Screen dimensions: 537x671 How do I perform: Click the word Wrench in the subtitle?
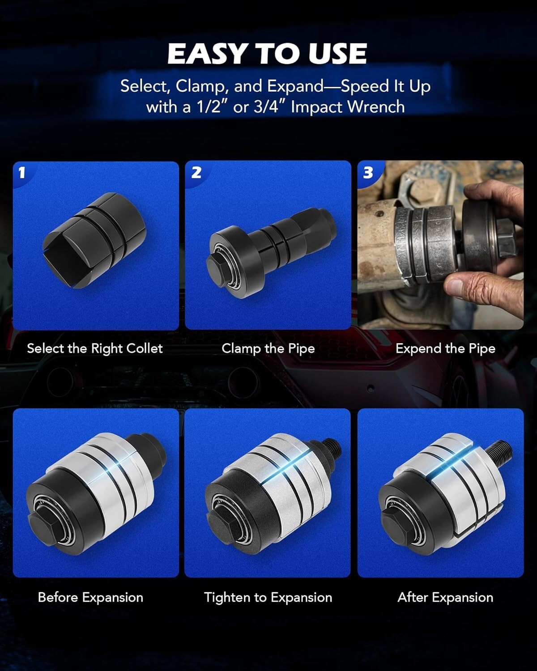pos(376,107)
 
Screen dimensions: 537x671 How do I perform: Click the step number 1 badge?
pos(21,172)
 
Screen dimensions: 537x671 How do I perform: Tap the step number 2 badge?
pos(196,172)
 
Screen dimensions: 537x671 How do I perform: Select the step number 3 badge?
pos(368,172)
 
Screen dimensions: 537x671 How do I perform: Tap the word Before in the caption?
pos(58,598)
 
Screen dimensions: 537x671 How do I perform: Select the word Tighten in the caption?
pos(227,598)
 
